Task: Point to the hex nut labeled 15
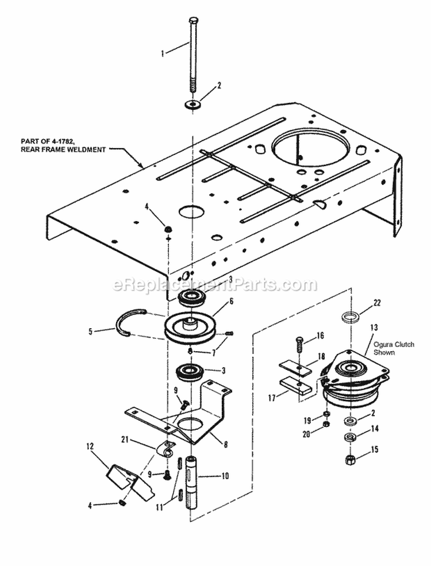[349, 459]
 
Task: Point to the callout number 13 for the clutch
[374, 327]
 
